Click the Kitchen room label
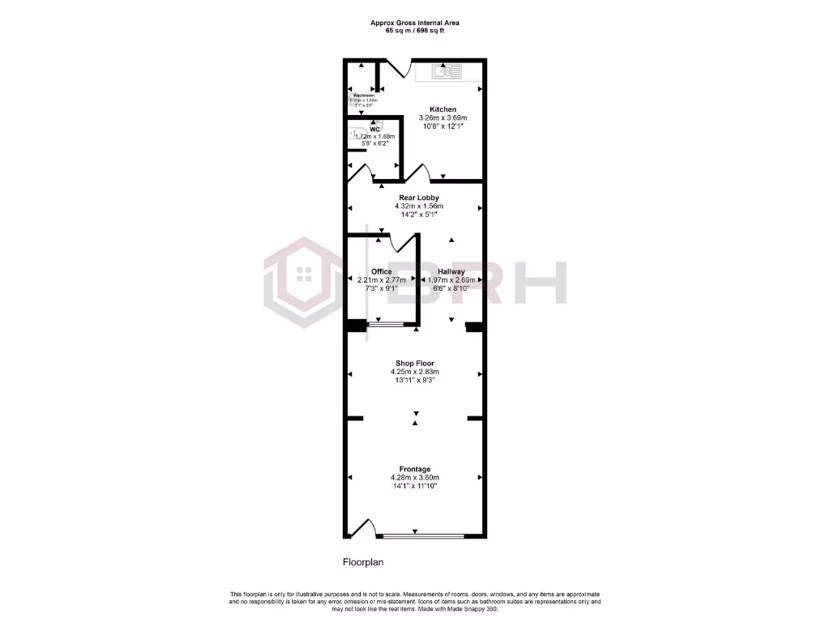[x=443, y=109]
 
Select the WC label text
[x=374, y=129]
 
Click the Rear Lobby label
[x=418, y=197]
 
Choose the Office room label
[x=381, y=271]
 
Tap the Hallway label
[x=451, y=271]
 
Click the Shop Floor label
[x=415, y=364]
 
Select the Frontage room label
[x=415, y=469]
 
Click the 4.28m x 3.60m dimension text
[x=415, y=478]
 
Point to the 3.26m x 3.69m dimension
[x=443, y=118]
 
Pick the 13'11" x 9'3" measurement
[x=415, y=381]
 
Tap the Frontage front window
[x=423, y=536]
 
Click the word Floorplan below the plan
[x=362, y=561]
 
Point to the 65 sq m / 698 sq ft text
[x=415, y=31]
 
